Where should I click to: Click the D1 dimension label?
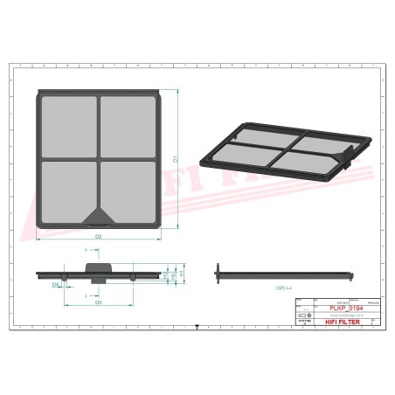point(176,159)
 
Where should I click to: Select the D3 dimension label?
point(98,302)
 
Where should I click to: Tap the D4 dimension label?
point(54,285)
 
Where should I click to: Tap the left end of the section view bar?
point(218,274)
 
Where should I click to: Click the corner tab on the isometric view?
point(350,158)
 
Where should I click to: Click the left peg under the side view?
point(65,279)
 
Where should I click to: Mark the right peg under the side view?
point(131,279)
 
